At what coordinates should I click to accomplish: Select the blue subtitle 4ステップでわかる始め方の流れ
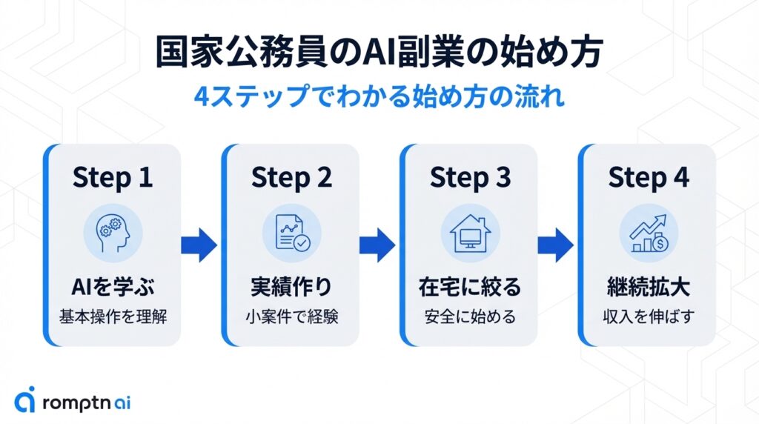(379, 99)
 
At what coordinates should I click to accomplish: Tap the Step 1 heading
(113, 177)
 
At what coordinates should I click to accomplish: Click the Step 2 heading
(291, 177)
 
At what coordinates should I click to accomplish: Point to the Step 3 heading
(470, 177)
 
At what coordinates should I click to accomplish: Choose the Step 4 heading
(649, 177)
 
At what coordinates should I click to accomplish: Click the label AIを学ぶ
(113, 285)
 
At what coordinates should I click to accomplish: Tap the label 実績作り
(291, 285)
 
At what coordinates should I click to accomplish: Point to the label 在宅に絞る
(470, 285)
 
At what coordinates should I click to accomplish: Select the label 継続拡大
(649, 285)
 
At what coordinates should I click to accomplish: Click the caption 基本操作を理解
(113, 317)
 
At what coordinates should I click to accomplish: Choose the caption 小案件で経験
(291, 317)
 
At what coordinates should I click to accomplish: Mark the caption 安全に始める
(470, 317)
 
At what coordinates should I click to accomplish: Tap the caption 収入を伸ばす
(649, 317)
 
